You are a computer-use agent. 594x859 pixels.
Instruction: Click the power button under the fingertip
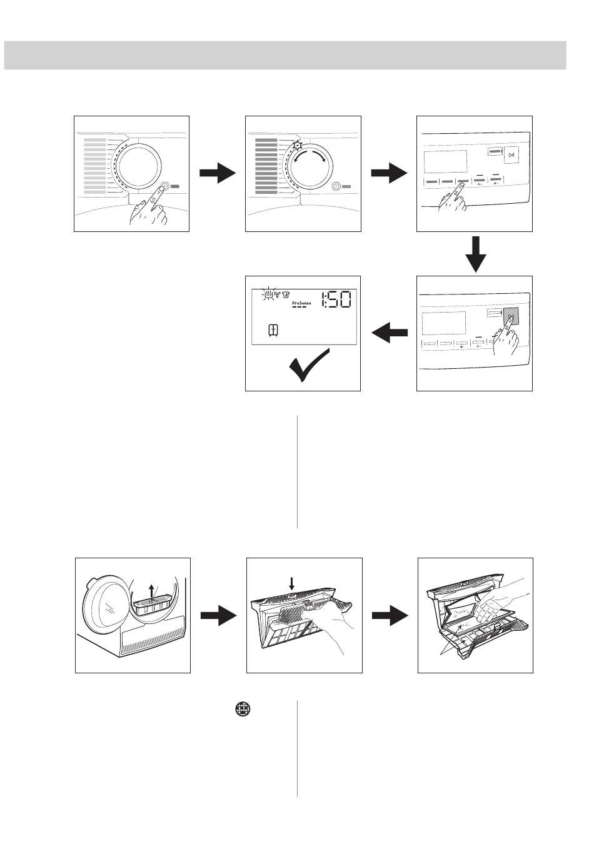[x=164, y=186]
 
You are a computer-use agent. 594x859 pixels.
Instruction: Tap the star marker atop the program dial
[x=297, y=145]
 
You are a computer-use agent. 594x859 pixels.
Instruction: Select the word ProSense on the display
[x=301, y=303]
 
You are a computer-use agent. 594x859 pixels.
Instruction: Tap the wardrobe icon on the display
[x=273, y=329]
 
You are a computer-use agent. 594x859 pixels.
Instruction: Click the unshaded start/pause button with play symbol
[x=511, y=156]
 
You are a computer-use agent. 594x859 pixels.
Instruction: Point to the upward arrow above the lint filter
[x=152, y=590]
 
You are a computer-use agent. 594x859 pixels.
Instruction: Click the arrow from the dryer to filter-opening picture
[x=218, y=616]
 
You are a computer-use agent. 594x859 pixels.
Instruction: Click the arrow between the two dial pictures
[x=218, y=174]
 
